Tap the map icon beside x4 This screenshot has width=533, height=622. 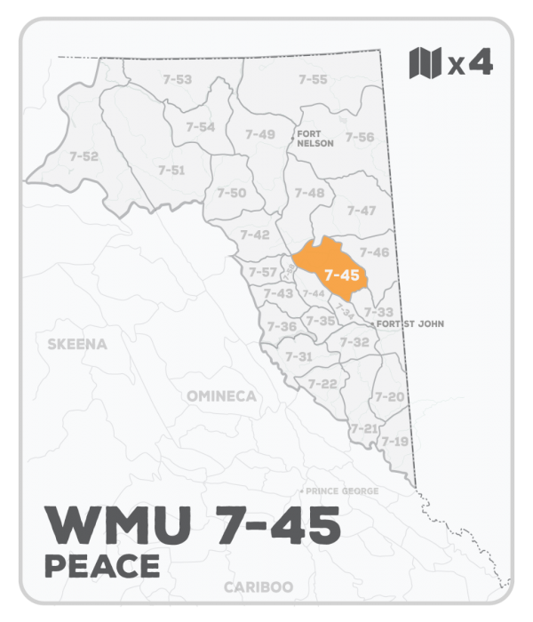[x=425, y=62]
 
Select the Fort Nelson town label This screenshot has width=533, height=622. [x=315, y=138]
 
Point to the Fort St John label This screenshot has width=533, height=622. [x=410, y=324]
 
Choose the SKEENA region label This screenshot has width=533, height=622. [x=77, y=343]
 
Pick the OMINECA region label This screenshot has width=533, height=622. [x=221, y=395]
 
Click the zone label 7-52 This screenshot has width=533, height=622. [x=84, y=156]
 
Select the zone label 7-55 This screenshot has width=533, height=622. [x=313, y=80]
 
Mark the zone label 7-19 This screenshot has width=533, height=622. [x=394, y=441]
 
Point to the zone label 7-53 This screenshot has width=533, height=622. [x=178, y=80]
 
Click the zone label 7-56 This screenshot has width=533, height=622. [x=359, y=137]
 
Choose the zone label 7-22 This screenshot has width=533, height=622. [x=322, y=383]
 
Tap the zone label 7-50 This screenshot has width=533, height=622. [x=232, y=193]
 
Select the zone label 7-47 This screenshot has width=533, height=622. [x=362, y=211]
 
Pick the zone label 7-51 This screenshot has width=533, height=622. [x=171, y=170]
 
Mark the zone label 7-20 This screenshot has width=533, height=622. [x=391, y=396]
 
